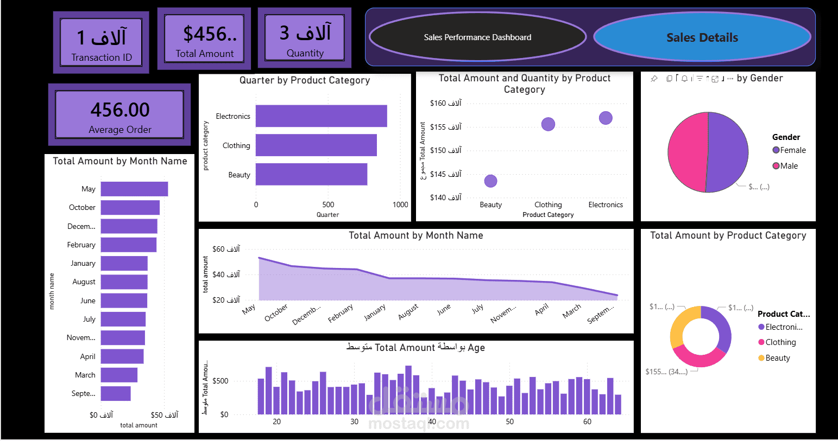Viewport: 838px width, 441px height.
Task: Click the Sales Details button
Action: click(702, 37)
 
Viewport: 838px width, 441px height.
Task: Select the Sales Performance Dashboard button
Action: click(477, 37)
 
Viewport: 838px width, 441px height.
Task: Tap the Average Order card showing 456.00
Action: click(119, 114)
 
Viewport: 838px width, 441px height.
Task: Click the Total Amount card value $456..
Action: click(209, 34)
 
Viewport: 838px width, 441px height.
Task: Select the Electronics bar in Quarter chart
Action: click(321, 116)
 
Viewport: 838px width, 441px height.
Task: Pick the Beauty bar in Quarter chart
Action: click(311, 175)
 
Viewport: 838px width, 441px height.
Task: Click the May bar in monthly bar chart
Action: click(134, 189)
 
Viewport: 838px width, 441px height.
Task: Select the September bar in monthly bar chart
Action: click(116, 393)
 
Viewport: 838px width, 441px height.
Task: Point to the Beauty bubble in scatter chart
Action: click(490, 181)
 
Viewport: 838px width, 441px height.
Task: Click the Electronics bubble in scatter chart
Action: click(606, 118)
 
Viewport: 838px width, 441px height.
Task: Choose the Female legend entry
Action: click(792, 150)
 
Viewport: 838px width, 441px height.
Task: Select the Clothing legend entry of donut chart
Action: click(780, 342)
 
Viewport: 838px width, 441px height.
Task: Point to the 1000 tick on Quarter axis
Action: click(400, 204)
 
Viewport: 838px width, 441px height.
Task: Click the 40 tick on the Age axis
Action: click(432, 421)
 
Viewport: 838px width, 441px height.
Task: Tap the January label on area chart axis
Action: click(375, 312)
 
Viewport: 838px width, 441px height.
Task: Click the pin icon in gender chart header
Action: click(654, 79)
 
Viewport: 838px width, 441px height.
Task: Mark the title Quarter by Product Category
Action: click(305, 80)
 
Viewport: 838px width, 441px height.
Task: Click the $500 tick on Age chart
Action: click(220, 381)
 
